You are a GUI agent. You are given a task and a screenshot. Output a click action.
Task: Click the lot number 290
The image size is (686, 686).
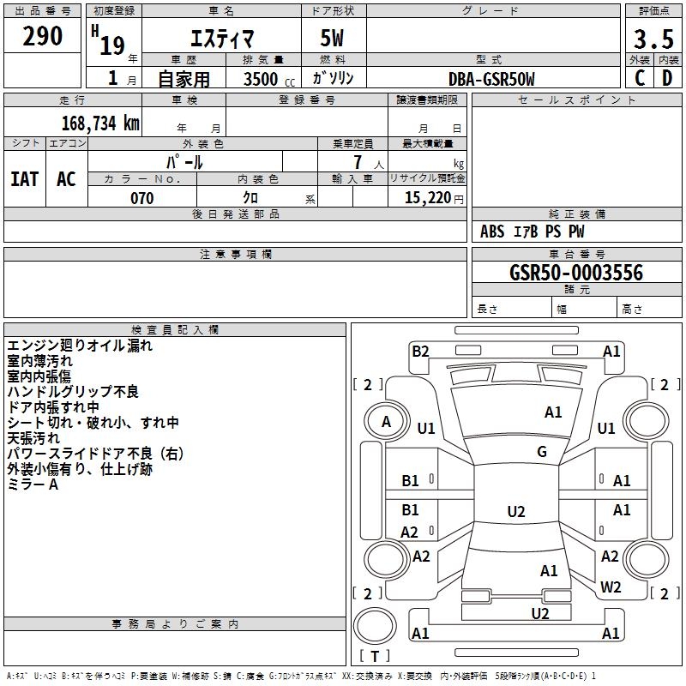(42, 36)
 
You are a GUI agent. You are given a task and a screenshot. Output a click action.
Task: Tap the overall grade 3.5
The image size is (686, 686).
(653, 39)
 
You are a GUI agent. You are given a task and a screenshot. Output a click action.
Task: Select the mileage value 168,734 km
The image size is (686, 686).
(100, 123)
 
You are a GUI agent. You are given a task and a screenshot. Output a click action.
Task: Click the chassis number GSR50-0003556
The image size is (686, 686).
(576, 273)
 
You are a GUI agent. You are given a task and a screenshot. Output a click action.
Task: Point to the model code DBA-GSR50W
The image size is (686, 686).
(491, 79)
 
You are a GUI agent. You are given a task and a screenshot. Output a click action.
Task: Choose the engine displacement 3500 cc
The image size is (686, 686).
(269, 79)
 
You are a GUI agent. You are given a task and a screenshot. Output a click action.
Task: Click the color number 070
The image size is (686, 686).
(142, 198)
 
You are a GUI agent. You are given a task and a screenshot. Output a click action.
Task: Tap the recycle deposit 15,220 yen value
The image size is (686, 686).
(434, 198)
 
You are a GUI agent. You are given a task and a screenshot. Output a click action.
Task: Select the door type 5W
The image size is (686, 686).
(332, 38)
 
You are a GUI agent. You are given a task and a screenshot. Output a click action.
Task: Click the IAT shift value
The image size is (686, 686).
(25, 179)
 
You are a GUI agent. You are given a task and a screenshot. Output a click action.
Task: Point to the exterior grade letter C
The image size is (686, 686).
(640, 78)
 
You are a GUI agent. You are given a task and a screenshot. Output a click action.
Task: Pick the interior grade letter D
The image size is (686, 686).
(667, 78)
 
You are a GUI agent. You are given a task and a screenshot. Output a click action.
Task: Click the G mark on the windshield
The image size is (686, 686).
(542, 452)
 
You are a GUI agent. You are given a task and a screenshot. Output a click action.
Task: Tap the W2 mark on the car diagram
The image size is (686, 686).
(611, 587)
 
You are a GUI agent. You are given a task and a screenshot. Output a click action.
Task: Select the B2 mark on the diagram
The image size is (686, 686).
(420, 352)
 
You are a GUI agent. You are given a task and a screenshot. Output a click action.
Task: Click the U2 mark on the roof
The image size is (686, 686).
(516, 511)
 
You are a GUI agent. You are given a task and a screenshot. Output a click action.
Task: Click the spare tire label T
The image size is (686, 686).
(375, 656)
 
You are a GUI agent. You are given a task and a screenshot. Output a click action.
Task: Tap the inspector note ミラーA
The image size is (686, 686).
(33, 484)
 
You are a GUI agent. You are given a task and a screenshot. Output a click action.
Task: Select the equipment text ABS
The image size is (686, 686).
(492, 232)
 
